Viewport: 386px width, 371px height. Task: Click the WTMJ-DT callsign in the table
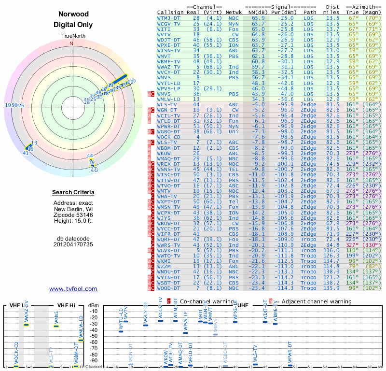pyautogui.click(x=168, y=18)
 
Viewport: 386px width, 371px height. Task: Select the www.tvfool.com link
pyautogui.click(x=73, y=289)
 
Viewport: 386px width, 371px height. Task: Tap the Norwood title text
pyautogui.click(x=73, y=14)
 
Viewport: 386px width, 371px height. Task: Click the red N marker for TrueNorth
pyautogui.click(x=72, y=43)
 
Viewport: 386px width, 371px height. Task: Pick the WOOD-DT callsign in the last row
pyautogui.click(x=168, y=288)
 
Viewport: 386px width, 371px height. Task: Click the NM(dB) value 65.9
pyautogui.click(x=258, y=18)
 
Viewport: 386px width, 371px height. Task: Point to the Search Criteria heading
pyautogui.click(x=73, y=193)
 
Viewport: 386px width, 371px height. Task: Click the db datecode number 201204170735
pyautogui.click(x=73, y=244)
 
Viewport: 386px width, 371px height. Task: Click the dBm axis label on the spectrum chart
pyautogui.click(x=93, y=305)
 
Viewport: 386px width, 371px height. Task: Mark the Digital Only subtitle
pyautogui.click(x=73, y=25)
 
